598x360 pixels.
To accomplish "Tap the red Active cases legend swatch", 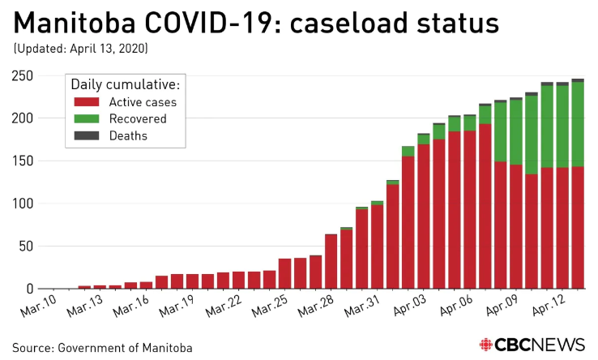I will pyautogui.click(x=85, y=102).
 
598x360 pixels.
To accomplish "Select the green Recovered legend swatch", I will pyautogui.click(x=85, y=119).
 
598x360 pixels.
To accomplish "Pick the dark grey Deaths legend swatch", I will pyautogui.click(x=85, y=136).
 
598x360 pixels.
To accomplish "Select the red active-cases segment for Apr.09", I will pyautogui.click(x=516, y=227).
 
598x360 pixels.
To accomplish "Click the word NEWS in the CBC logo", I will pyautogui.click(x=559, y=345).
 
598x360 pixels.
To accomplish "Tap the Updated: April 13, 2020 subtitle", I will pyautogui.click(x=80, y=49).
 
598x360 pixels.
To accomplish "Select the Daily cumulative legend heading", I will pyautogui.click(x=126, y=84).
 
